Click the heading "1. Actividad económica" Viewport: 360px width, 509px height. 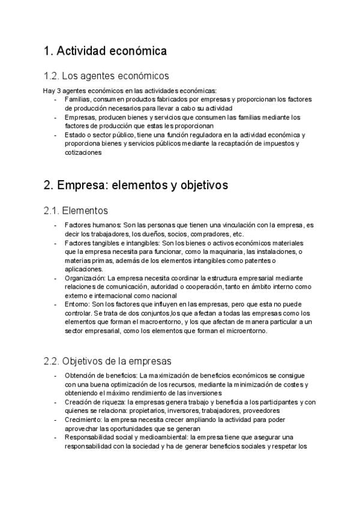105,52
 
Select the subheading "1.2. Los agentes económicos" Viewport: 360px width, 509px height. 106,76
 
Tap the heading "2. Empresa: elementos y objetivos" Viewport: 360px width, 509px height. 136,185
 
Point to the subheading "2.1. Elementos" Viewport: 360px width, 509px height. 76,211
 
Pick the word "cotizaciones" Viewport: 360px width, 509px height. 83,153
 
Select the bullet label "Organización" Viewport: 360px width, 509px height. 85,279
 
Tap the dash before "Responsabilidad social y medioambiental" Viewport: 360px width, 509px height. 56,438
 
